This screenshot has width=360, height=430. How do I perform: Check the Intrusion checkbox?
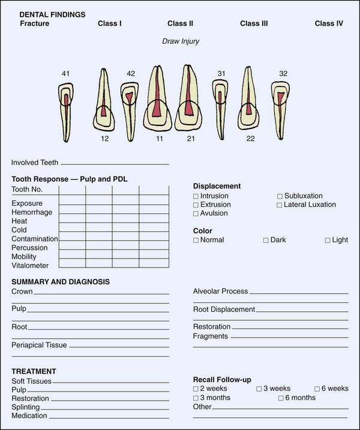pyautogui.click(x=196, y=196)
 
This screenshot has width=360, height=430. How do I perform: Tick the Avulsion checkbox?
pyautogui.click(x=196, y=214)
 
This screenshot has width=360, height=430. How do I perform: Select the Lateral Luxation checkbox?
pyautogui.click(x=280, y=205)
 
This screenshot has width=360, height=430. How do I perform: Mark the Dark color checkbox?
pyautogui.click(x=266, y=240)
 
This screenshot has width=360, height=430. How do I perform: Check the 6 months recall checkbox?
pyautogui.click(x=281, y=398)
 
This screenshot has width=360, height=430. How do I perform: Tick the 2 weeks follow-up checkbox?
pyautogui.click(x=196, y=389)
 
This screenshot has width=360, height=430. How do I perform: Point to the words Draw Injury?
pyautogui.click(x=180, y=41)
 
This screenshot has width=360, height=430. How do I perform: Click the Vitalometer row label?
pyautogui.click(x=29, y=265)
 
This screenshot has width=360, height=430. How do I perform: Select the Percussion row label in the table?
pyautogui.click(x=29, y=247)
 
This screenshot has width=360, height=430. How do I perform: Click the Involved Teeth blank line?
pyautogui.click(x=114, y=163)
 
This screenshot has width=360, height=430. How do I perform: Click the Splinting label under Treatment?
pyautogui.click(x=26, y=407)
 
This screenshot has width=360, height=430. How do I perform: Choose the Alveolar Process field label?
pyautogui.click(x=220, y=291)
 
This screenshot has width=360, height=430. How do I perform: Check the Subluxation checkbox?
pyautogui.click(x=280, y=196)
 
